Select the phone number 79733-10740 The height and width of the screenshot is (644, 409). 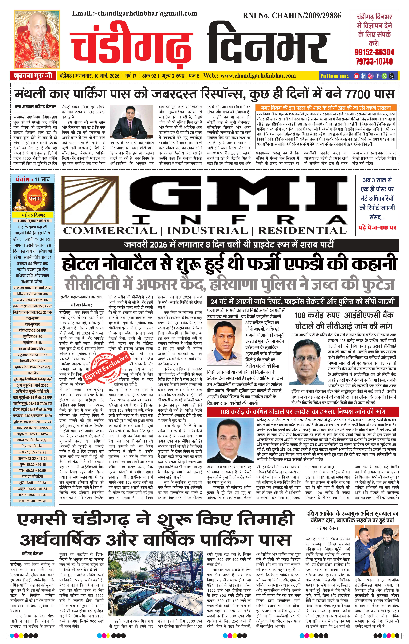click(374, 62)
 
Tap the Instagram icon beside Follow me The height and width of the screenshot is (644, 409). click(371, 76)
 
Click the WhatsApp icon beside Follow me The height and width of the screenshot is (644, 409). click(384, 76)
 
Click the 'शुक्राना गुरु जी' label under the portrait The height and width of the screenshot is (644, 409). click(33, 76)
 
